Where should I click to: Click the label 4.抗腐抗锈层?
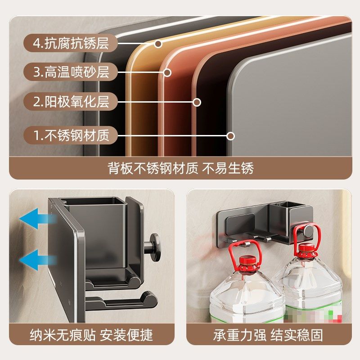coord(71,44)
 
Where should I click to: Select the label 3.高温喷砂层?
coord(71,72)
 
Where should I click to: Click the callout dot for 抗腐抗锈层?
coord(158,44)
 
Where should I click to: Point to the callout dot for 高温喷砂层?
coord(167,72)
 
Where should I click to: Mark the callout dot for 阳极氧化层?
coord(197,102)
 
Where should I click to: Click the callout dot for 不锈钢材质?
coord(231,135)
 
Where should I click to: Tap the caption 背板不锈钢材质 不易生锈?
coord(180,168)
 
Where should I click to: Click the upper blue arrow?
coord(38,221)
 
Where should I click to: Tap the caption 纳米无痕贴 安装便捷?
coord(91,335)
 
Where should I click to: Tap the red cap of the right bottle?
coord(307,248)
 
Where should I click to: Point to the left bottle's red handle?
coord(244,252)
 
